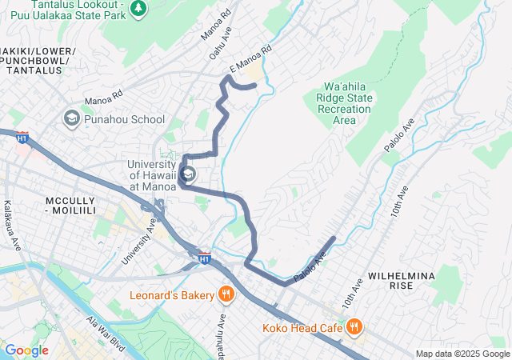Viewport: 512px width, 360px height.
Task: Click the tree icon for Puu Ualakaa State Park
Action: point(140,7)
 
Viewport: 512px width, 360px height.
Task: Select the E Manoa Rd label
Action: point(250,59)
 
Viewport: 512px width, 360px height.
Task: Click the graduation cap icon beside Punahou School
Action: point(71,119)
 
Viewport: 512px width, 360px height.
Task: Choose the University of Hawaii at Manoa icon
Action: point(188,174)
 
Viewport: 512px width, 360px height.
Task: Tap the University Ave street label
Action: point(138,242)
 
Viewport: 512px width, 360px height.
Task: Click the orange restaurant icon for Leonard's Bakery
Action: point(226,294)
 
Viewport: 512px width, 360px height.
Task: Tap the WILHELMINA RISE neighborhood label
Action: point(401,280)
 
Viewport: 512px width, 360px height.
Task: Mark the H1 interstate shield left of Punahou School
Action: point(22,138)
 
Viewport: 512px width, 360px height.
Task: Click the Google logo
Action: point(26,350)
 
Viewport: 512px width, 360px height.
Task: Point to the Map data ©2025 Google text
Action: point(462,354)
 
